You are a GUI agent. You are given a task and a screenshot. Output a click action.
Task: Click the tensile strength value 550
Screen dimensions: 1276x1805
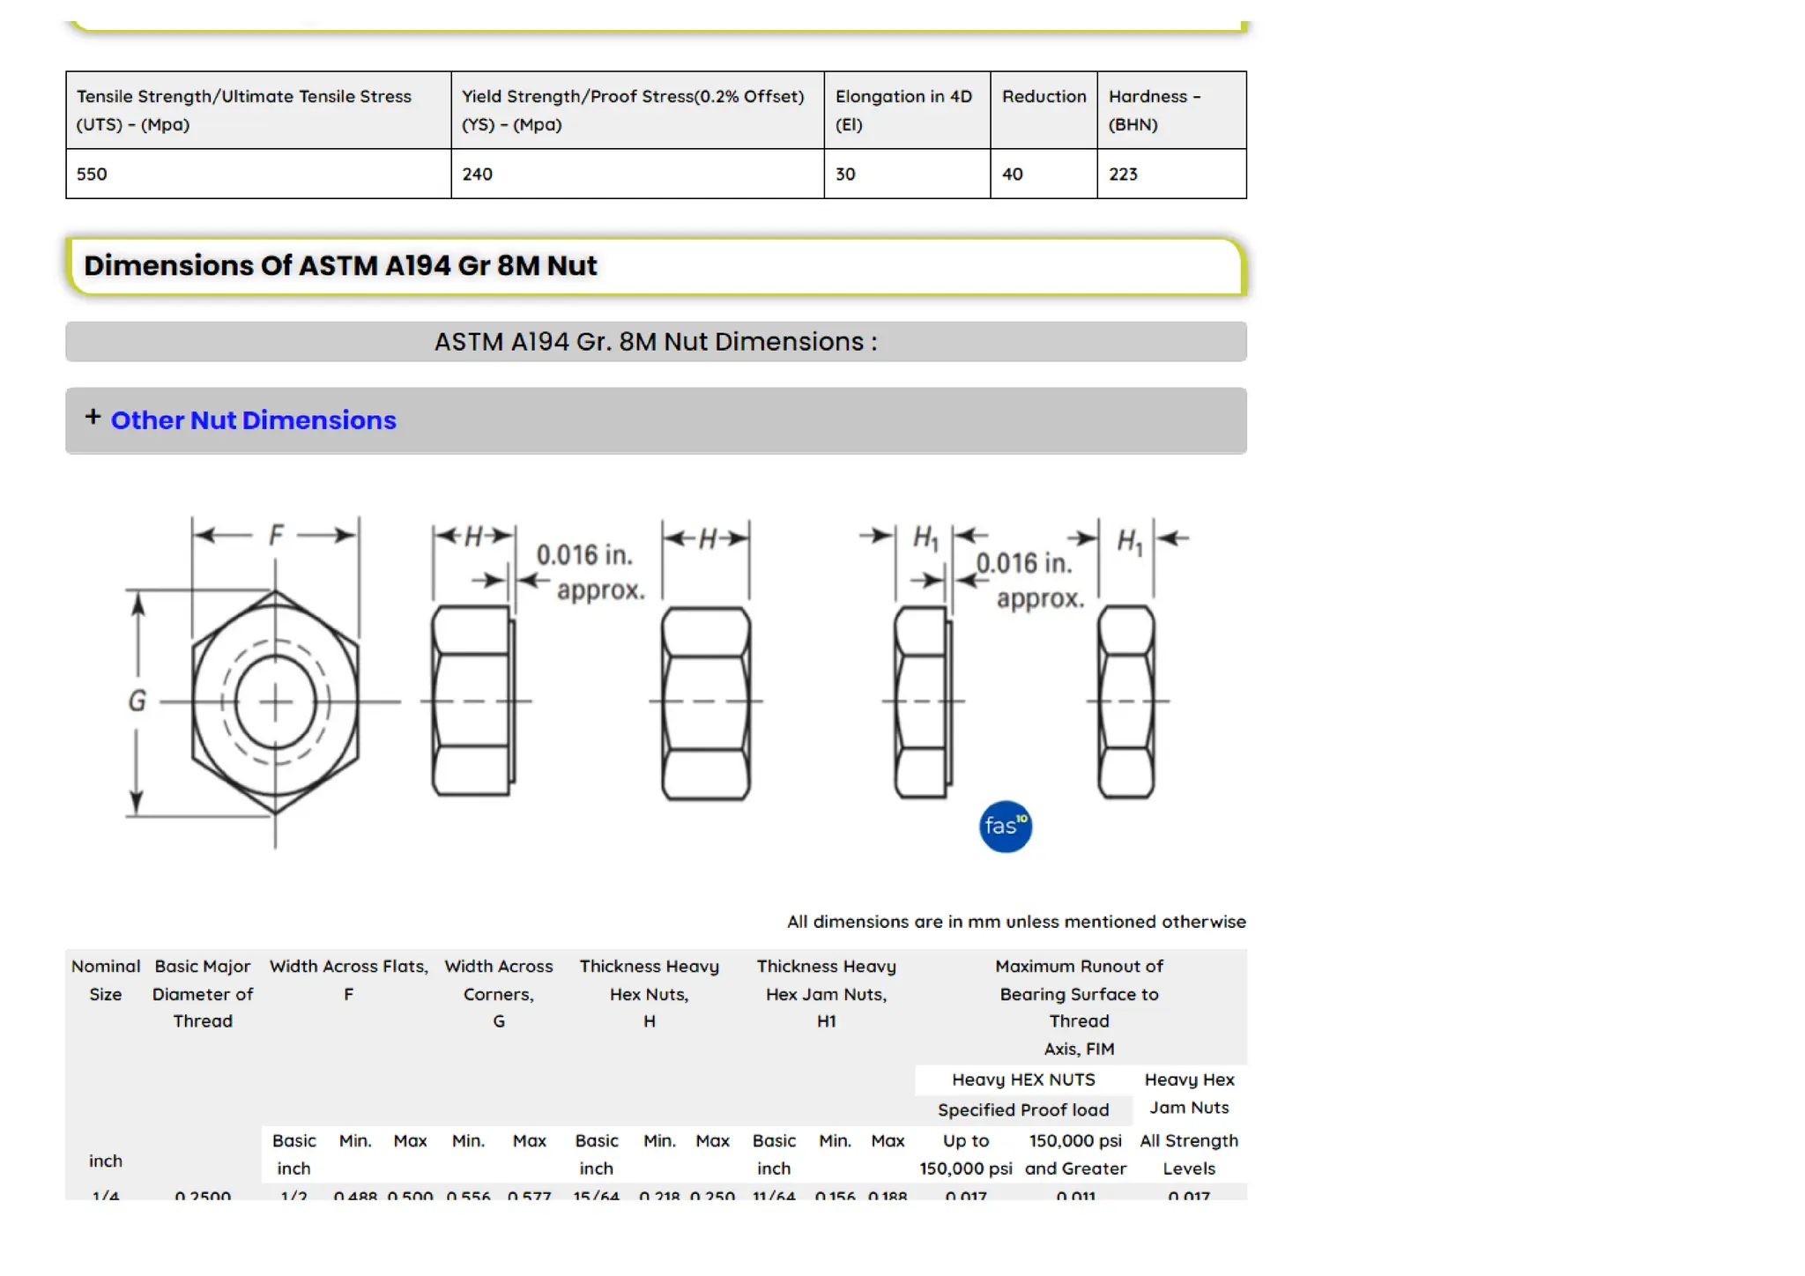(92, 174)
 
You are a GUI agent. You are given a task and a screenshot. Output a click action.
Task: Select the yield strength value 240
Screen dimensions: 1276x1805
(477, 174)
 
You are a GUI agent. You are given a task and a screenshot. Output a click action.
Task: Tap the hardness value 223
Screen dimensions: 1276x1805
(1123, 174)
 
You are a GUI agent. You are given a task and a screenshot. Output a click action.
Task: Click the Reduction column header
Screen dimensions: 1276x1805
(1044, 97)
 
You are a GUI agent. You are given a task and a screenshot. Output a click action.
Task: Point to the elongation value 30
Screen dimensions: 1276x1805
(845, 174)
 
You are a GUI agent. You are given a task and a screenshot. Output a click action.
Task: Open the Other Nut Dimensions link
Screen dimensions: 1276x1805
(253, 420)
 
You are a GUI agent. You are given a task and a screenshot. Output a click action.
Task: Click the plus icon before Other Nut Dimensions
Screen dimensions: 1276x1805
(93, 417)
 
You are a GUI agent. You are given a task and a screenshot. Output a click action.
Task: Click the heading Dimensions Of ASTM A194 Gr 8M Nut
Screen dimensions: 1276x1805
(340, 265)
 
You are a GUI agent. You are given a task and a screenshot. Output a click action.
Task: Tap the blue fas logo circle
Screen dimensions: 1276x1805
(1005, 827)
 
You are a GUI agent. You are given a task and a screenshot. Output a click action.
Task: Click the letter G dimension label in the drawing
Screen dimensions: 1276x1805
(137, 701)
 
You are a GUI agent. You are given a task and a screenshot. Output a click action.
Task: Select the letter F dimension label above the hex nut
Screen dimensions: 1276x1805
(276, 535)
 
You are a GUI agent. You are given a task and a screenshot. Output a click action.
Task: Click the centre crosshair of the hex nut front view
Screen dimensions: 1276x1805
(275, 702)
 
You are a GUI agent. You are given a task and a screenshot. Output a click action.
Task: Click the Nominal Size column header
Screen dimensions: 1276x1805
(106, 980)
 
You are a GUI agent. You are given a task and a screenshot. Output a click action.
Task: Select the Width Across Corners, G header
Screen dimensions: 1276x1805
(498, 993)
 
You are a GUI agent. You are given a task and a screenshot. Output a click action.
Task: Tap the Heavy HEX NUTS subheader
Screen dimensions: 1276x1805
(1022, 1079)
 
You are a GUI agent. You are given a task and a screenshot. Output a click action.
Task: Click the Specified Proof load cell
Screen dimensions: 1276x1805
(1022, 1110)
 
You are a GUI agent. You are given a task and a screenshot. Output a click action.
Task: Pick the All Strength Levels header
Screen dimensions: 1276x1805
(1188, 1154)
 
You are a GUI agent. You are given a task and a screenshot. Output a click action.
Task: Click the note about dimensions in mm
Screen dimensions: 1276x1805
(1015, 922)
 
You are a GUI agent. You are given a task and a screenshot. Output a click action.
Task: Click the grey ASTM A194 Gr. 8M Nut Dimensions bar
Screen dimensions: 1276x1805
(656, 342)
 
